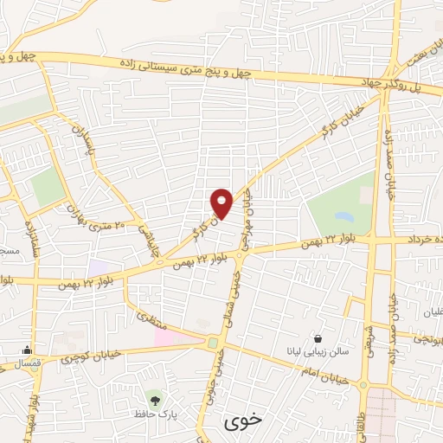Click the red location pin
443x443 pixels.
[x=222, y=202]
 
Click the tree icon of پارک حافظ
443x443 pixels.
[x=155, y=400]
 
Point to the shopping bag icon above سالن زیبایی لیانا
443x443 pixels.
[x=319, y=338]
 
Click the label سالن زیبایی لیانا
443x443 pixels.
[x=319, y=352]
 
